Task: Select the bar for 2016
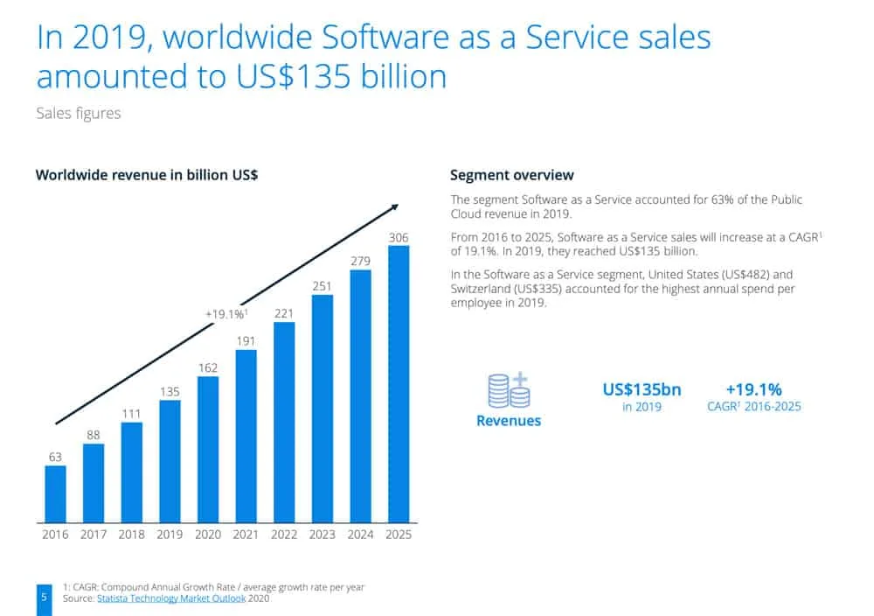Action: coord(55,493)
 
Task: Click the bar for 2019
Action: coord(170,461)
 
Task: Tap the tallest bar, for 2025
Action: coord(399,384)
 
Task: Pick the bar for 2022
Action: coord(284,423)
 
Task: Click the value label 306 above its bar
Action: coord(399,237)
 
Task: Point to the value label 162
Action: coord(208,367)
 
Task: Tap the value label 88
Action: coord(94,435)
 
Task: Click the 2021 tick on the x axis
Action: coord(246,535)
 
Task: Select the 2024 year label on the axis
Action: coord(360,535)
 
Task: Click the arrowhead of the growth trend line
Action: coord(395,207)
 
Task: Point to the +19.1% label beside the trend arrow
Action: coord(226,314)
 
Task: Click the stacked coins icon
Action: coord(509,390)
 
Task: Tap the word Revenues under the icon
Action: coord(509,421)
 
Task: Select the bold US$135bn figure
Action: coord(642,389)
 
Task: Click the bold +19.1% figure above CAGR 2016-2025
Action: coord(753,389)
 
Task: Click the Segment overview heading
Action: coord(511,175)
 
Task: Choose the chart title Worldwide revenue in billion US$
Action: coord(147,175)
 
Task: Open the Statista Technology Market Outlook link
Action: coord(171,598)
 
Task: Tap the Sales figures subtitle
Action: coord(79,113)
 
